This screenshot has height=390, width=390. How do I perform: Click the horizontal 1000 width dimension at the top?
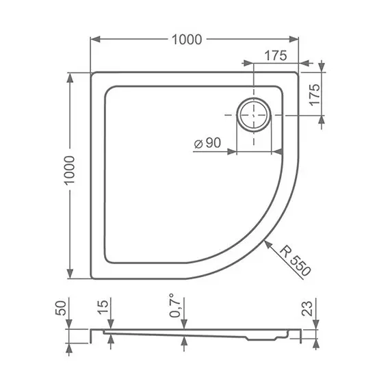click(x=187, y=40)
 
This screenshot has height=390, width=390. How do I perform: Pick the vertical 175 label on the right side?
click(x=315, y=94)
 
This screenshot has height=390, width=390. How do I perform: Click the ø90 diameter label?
click(x=207, y=143)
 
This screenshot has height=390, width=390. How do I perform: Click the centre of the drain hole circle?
click(x=254, y=116)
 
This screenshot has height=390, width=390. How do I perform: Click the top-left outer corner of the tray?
click(x=92, y=72)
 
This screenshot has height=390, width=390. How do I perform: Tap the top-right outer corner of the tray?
click(x=299, y=72)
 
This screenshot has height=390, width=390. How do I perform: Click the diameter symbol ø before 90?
click(x=196, y=144)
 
